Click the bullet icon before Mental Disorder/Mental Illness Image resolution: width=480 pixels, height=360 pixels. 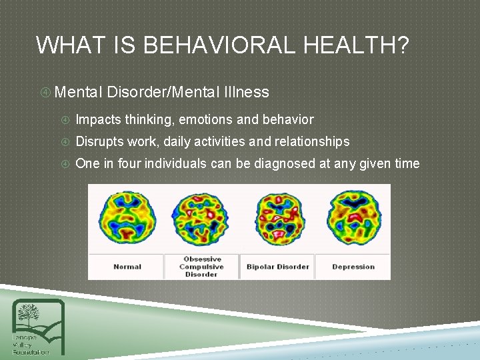tap(45, 92)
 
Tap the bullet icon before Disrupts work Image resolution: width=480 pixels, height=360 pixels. tap(65, 142)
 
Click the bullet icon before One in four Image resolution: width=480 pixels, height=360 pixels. tap(65, 164)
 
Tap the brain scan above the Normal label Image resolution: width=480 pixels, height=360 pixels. tap(127, 217)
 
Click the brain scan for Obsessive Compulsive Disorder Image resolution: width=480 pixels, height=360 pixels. tap(201, 217)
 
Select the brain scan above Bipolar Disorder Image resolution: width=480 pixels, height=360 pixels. tap(277, 217)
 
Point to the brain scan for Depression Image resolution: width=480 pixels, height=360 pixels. tap(353, 217)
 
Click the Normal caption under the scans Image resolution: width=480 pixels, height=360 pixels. tap(127, 267)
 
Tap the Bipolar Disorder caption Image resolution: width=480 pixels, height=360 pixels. tap(277, 267)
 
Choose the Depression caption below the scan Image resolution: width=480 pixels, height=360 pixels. tap(353, 267)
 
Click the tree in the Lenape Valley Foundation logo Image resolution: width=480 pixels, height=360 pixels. tap(29, 314)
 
